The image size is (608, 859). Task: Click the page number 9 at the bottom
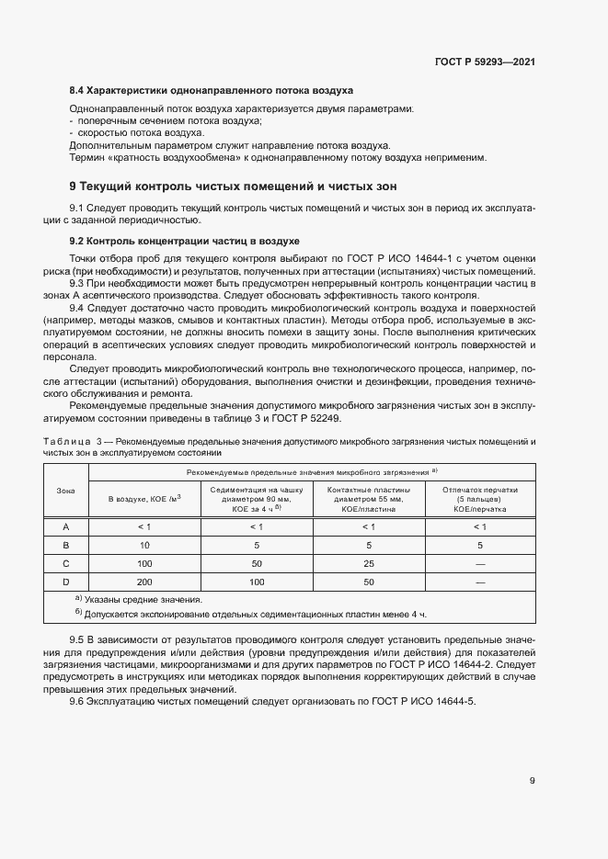pyautogui.click(x=532, y=782)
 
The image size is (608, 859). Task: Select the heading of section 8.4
pyautogui.click(x=212, y=91)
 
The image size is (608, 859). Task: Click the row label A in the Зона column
pyautogui.click(x=65, y=526)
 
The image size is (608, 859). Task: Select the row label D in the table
pyautogui.click(x=65, y=582)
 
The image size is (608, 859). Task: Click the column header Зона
pyautogui.click(x=65, y=491)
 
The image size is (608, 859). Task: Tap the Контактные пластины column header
pyautogui.click(x=368, y=499)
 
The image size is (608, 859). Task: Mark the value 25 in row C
pyautogui.click(x=368, y=563)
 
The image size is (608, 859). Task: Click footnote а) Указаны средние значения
pyautogui.click(x=141, y=599)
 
